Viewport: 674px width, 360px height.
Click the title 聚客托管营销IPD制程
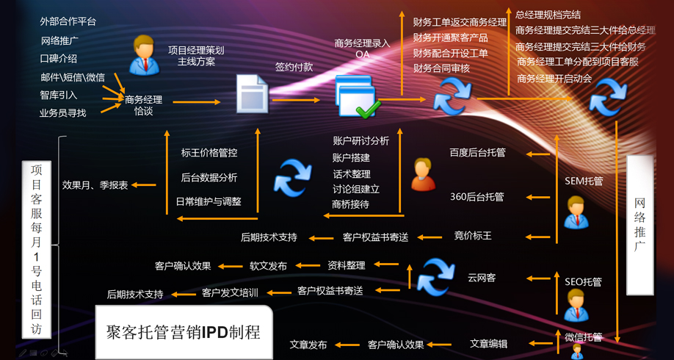pos(184,332)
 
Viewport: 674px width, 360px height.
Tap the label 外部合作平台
pos(68,22)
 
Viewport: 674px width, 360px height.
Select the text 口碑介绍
pos(59,59)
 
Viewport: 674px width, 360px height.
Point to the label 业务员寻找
pos(63,113)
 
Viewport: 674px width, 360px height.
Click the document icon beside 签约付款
pos(251,94)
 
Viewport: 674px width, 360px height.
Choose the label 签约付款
pos(294,67)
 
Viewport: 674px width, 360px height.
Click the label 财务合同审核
pos(441,68)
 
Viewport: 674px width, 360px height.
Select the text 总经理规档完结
pos(548,15)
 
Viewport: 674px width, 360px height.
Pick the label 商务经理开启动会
pos(554,79)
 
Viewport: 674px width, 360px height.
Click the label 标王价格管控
pos(209,153)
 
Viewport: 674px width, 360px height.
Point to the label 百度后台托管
pos(478,153)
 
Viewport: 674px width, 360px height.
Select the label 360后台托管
pos(477,197)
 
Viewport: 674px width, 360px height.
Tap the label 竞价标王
pos(473,236)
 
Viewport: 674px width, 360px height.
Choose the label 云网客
pos(482,278)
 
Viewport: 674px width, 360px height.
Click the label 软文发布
pos(268,266)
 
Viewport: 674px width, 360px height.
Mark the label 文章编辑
pos(488,344)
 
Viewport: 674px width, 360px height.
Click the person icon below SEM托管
pos(577,212)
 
